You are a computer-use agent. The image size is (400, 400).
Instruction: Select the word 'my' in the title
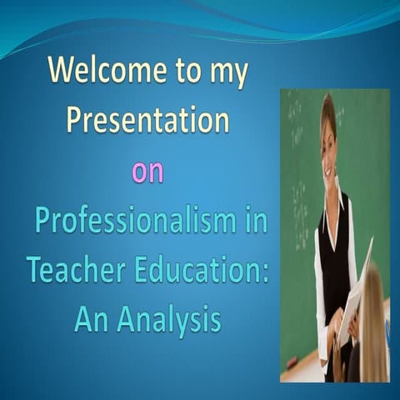(229, 77)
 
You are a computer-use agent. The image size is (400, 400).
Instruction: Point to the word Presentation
(147, 121)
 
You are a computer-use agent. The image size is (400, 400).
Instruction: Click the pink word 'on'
(147, 172)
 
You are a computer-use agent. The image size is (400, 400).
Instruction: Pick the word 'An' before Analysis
(92, 318)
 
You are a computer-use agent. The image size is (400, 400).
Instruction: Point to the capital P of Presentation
(75, 122)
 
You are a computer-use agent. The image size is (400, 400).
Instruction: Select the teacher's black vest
(333, 242)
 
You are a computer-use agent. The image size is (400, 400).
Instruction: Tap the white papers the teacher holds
(353, 292)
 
